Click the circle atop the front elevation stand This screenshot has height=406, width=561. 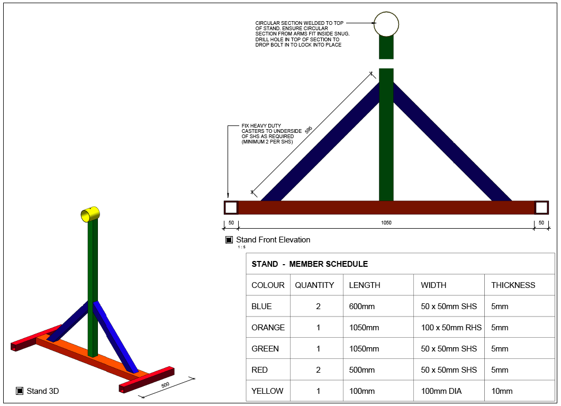pos(386,12)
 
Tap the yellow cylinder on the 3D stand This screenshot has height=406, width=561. pos(90,214)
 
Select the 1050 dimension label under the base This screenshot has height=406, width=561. pos(386,222)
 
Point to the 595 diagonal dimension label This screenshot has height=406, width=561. pos(309,130)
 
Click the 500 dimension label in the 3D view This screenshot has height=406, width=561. pos(165,385)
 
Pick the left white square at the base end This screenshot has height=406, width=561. pos(231,207)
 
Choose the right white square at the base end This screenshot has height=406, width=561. pos(541,207)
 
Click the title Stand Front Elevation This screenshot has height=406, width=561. pos(273,240)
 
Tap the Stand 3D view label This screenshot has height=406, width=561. pos(42,391)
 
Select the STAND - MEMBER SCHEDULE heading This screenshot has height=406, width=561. pos(310,264)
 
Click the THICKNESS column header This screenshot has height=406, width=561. pos(513,285)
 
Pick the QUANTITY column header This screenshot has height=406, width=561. pos(314,285)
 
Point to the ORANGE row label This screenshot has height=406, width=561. pos(268,327)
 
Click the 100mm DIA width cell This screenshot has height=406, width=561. pos(441,391)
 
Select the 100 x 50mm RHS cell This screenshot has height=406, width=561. pos(451,327)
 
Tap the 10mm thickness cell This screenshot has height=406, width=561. pos(502,391)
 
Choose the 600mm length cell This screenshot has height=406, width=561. pos(361,306)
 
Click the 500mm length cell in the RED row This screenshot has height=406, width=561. pos(361,370)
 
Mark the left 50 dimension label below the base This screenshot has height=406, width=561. pos(231,222)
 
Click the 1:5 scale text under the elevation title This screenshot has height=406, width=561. pos(241,247)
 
